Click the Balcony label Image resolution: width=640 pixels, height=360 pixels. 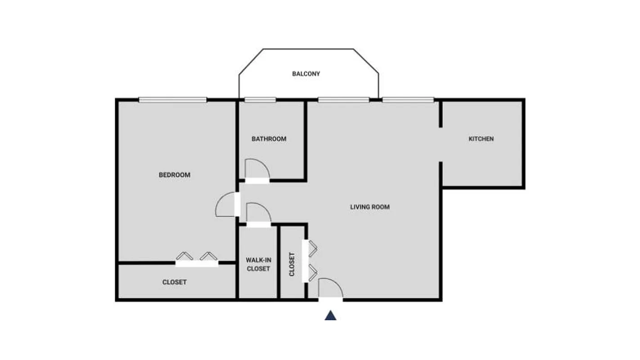(x=306, y=74)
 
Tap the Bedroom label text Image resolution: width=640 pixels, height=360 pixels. (x=175, y=175)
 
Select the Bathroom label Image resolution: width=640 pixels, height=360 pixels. (x=269, y=139)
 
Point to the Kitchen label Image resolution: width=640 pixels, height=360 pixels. (x=481, y=139)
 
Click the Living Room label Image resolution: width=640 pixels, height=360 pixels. (x=370, y=207)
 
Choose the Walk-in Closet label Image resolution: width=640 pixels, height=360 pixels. (x=258, y=265)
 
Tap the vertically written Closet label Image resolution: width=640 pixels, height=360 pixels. (x=292, y=264)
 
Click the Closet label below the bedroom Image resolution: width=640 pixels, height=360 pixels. (x=175, y=283)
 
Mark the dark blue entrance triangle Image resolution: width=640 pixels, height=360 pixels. (x=331, y=315)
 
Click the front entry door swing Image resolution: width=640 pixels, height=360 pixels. (x=330, y=289)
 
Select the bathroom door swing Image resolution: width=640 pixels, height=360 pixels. (x=257, y=170)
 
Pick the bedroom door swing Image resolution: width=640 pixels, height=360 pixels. (x=226, y=204)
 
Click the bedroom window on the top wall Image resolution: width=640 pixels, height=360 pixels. (x=172, y=100)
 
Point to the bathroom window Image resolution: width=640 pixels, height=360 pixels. (x=260, y=100)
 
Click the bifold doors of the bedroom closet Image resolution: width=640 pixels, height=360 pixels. (x=197, y=259)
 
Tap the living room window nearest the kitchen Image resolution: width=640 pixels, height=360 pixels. (x=408, y=100)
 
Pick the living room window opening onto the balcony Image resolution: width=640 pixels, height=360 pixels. (x=343, y=100)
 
